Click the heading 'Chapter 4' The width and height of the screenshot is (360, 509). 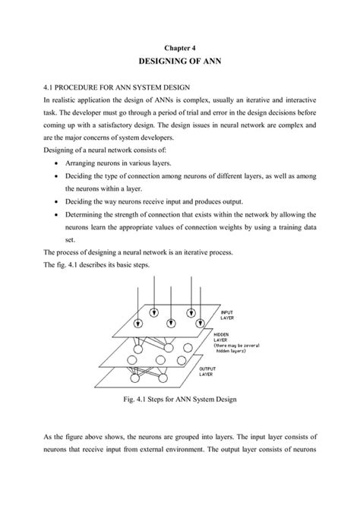(180, 46)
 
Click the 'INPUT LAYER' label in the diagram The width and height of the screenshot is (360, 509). (227, 315)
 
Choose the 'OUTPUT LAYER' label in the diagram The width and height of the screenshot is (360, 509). (210, 371)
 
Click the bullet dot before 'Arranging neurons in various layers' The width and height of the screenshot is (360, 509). (58, 163)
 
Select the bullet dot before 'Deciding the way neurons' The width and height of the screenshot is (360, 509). (58, 201)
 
